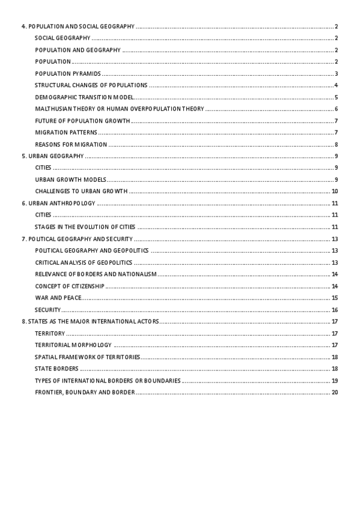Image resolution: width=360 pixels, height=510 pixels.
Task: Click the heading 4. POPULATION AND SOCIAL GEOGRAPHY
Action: click(78, 26)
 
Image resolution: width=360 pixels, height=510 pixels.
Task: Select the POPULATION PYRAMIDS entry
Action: click(67, 73)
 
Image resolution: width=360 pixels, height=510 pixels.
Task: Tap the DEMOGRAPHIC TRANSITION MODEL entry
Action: click(84, 97)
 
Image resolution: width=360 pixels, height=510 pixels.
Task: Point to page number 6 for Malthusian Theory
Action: click(337, 109)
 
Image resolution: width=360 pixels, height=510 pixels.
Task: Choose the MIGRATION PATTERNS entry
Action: click(66, 132)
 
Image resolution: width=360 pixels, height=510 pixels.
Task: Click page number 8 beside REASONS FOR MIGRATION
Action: click(337, 144)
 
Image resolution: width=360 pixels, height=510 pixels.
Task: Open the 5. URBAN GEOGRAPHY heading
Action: click(52, 156)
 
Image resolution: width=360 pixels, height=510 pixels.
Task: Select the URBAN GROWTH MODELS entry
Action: click(70, 179)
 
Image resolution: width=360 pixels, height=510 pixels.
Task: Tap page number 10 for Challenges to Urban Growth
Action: click(335, 191)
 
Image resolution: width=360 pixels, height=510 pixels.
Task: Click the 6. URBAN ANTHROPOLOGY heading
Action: click(58, 203)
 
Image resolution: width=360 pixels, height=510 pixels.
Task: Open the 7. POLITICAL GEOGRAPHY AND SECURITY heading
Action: click(77, 239)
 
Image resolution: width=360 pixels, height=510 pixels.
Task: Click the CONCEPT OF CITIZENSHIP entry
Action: click(69, 286)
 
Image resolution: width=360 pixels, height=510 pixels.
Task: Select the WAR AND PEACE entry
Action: click(58, 298)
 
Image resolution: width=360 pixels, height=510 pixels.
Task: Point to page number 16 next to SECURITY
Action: click(335, 310)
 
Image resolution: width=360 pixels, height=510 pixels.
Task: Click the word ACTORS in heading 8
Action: click(147, 321)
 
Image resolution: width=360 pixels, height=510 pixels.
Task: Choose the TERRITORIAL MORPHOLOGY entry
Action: click(73, 345)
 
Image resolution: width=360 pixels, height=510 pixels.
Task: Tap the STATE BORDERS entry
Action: click(56, 369)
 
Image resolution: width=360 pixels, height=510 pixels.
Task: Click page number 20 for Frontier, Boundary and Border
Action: click(335, 392)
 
